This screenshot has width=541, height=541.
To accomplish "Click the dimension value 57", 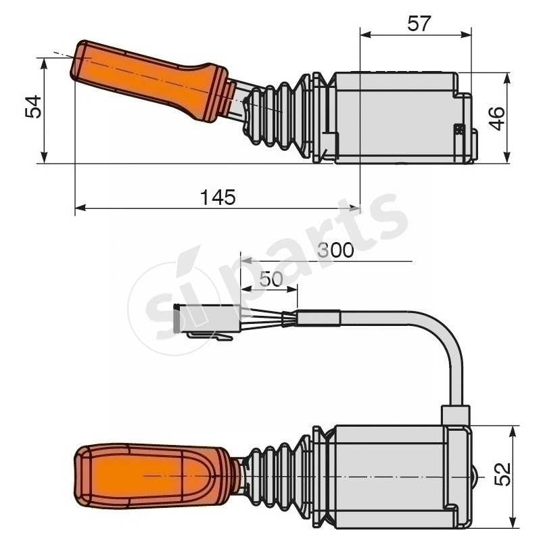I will point(419,24).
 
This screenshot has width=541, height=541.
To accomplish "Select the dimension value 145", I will point(218,197).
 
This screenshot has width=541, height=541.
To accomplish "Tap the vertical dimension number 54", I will point(33,107).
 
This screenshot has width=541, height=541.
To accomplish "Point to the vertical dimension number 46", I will point(496,118).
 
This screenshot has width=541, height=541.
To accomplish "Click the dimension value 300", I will point(336,250).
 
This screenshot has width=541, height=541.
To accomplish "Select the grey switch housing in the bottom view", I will point(389,473).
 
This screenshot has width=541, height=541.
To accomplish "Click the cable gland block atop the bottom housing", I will point(454,414).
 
